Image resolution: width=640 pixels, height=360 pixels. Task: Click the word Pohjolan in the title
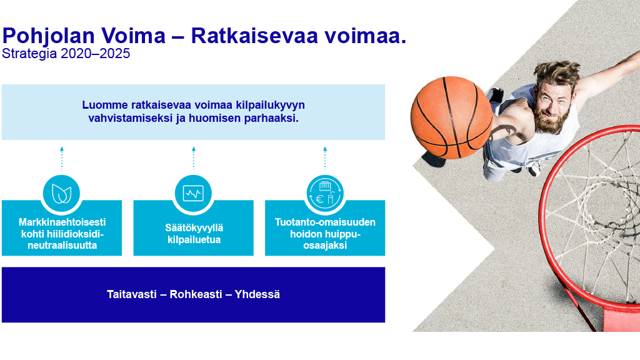point(49,36)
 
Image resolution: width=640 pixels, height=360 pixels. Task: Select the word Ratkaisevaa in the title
point(254,36)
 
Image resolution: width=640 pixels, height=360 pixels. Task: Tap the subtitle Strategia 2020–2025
point(66,54)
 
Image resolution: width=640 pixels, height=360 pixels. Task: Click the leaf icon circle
point(62,194)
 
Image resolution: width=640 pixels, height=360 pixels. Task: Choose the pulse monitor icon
point(194,194)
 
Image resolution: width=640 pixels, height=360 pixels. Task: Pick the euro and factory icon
point(325,194)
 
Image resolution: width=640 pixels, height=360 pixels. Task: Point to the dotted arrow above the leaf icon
point(62,157)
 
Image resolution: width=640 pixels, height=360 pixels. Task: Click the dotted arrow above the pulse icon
point(194,157)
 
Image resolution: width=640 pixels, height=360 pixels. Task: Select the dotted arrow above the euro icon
point(325,157)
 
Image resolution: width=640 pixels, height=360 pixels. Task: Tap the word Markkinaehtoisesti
point(62,222)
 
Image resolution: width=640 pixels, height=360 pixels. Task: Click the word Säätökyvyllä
point(194,227)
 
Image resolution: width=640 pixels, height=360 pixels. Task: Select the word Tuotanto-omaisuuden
point(325,222)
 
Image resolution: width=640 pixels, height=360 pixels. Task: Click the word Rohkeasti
point(196,294)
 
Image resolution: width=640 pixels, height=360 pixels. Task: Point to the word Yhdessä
point(257,294)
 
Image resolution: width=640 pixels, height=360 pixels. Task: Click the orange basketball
point(451,117)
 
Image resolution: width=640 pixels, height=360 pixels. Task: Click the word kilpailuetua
point(194,239)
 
